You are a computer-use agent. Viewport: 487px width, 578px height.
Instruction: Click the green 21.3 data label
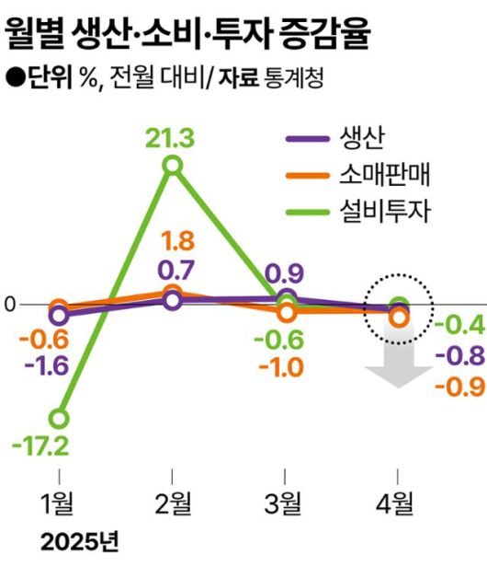point(171,139)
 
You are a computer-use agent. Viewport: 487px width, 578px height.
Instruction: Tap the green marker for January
point(59,419)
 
